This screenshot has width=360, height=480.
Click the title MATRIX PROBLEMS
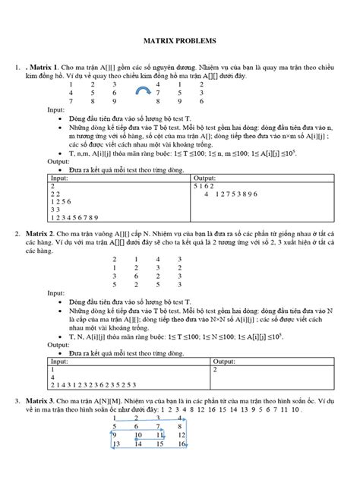(x=180, y=40)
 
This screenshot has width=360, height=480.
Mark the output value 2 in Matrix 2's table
(x=216, y=370)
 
